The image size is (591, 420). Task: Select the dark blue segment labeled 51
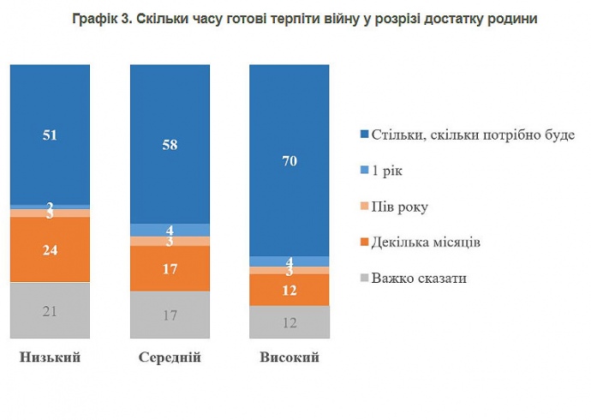50,135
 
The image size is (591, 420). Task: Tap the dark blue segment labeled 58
170,144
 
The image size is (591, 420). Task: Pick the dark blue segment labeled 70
289,160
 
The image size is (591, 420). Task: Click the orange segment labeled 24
50,249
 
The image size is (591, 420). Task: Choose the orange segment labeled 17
170,268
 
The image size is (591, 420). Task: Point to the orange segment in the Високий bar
289,290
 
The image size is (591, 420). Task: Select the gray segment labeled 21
50,310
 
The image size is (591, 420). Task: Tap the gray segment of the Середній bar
170,315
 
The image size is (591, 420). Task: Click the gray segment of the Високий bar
289,321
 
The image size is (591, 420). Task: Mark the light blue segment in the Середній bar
170,230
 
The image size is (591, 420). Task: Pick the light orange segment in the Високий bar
289,271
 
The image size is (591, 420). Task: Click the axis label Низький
50,357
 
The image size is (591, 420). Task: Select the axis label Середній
170,357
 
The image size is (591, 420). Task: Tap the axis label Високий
289,357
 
